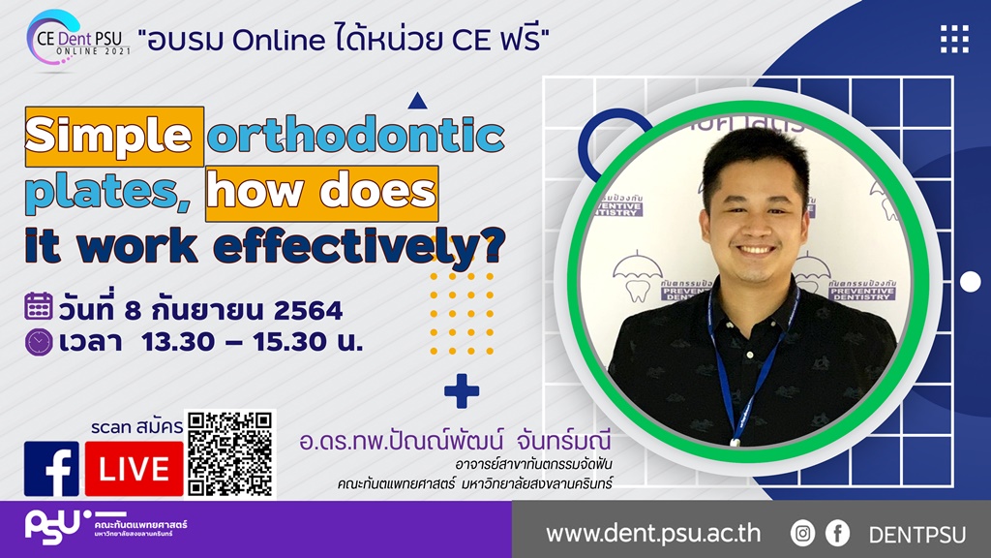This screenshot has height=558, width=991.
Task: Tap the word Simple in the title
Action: click(x=108, y=136)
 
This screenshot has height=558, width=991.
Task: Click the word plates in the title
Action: click(x=107, y=192)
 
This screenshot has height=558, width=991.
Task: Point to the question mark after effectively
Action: click(x=493, y=245)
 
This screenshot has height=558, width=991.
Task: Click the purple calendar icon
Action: click(x=39, y=306)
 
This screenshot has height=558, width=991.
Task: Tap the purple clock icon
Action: click(x=39, y=342)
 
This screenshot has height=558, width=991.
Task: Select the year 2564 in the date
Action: click(x=309, y=311)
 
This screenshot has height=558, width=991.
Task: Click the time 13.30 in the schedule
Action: click(x=178, y=342)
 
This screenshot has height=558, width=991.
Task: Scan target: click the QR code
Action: click(x=230, y=453)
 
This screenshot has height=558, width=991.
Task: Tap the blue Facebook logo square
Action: click(x=52, y=469)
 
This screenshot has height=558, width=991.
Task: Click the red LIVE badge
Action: click(x=134, y=469)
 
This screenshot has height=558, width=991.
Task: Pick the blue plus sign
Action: click(x=462, y=391)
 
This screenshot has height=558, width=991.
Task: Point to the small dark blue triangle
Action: click(x=417, y=101)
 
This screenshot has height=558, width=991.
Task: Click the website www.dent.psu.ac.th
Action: click(x=653, y=534)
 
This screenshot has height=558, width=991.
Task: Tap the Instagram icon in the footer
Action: click(x=802, y=534)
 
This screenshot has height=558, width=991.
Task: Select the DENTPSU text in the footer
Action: click(x=917, y=535)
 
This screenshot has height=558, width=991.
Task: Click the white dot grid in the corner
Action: click(x=954, y=39)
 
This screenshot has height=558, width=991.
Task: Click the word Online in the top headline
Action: click(x=279, y=41)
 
